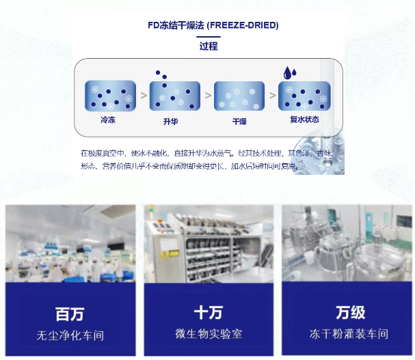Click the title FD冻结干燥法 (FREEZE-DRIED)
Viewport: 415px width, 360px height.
(213, 25)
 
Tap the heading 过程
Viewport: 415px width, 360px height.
(209, 46)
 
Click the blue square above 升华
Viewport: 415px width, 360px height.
(174, 96)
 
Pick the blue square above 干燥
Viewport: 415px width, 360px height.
(239, 96)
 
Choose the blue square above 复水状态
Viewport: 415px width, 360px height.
(304, 96)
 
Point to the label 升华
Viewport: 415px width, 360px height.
(171, 122)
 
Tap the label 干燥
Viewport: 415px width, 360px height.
(239, 122)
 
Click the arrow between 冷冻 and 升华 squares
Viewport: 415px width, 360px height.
(143, 96)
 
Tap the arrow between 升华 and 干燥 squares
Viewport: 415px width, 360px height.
(207, 96)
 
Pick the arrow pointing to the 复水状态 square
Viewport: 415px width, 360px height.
(271, 96)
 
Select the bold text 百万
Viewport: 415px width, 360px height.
(70, 314)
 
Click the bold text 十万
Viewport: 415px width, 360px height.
(209, 313)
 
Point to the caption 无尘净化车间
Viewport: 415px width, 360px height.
(70, 336)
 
